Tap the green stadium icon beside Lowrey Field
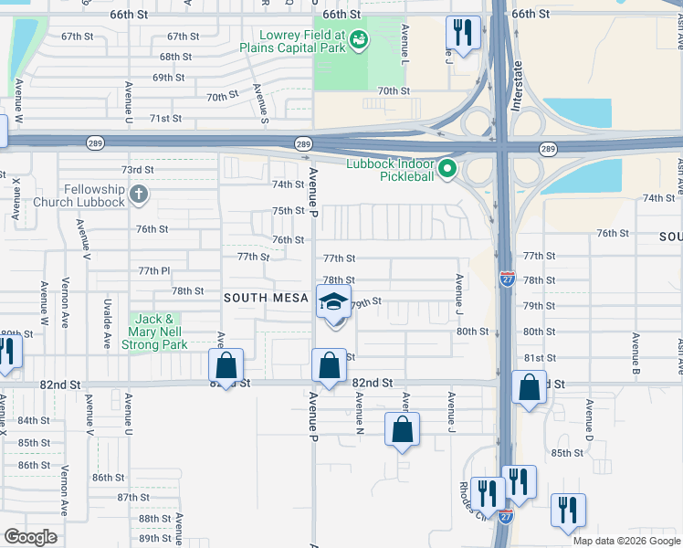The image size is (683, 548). coord(358,39)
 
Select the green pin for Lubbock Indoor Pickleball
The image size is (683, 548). coord(447,168)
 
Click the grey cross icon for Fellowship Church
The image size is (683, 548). coord(138,194)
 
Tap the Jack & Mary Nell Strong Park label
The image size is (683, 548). coord(156,332)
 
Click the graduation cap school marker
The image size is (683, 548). coord(333,302)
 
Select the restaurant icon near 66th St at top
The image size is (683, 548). coord(463,34)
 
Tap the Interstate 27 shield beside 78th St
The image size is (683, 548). coord(507,275)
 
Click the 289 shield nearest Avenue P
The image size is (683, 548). coord(303,143)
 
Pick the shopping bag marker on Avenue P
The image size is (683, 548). coord(328,366)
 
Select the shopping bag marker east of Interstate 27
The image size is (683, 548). coord(529,387)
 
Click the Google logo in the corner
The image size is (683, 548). coord(30,537)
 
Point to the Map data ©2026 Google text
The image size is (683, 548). coord(625,541)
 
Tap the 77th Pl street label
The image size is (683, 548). coord(154,271)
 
